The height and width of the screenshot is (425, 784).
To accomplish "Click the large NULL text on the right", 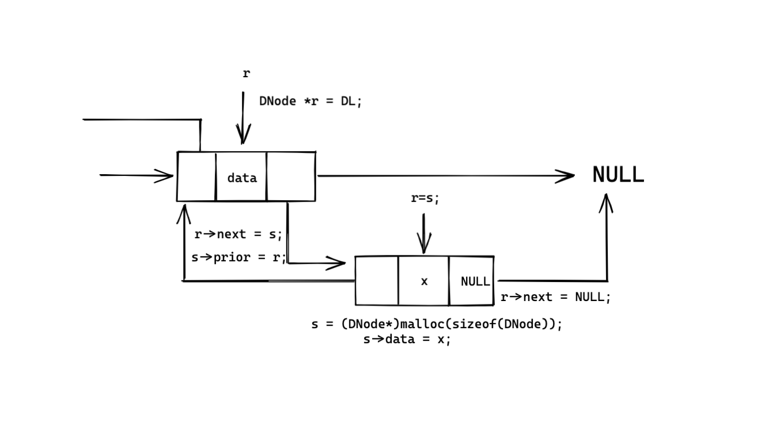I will point(618,175).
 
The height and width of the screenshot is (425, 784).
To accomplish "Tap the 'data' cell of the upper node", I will point(241,178).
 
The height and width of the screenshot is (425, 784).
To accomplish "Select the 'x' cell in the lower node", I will point(424,281).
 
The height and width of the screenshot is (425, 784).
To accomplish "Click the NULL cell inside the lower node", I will point(474,281).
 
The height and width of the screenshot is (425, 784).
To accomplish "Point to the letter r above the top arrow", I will point(246,74).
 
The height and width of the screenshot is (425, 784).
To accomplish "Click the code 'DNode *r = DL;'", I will point(310,101).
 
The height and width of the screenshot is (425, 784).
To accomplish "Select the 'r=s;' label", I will point(425,198).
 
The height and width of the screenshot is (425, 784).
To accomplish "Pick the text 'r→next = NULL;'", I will point(555,297).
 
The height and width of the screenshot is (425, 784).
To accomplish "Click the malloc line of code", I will point(437,324).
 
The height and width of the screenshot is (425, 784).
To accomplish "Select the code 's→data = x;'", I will point(407,339).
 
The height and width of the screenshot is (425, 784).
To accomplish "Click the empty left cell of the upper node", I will point(196,177).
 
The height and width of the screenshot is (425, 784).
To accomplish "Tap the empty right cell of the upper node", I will point(291,177).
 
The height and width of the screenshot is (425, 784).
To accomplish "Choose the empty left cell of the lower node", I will point(377,281).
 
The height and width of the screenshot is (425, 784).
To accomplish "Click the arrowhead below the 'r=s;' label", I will point(424,246).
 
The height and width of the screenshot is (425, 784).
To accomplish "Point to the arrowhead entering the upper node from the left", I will point(165,176).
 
